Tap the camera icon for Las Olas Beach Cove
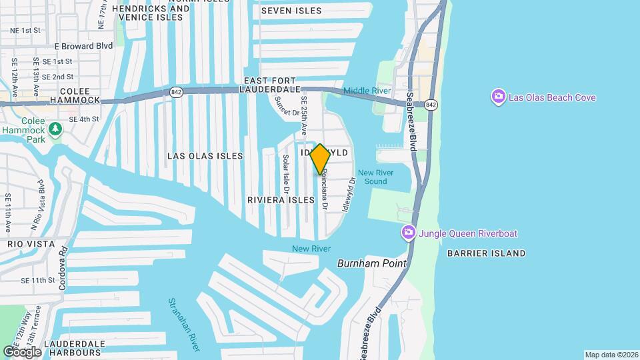[x=498, y=97]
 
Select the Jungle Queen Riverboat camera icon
[x=407, y=233]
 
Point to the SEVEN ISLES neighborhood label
[x=291, y=11]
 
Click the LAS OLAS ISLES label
[x=205, y=156]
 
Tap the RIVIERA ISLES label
[x=280, y=200]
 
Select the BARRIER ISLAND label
[x=486, y=253]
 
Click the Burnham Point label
[x=371, y=263]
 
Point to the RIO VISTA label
[x=30, y=245]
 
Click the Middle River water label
[x=366, y=91]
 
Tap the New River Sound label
[x=375, y=177]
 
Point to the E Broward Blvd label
[x=83, y=46]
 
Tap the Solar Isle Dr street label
[x=286, y=174]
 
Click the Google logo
[x=23, y=351]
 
